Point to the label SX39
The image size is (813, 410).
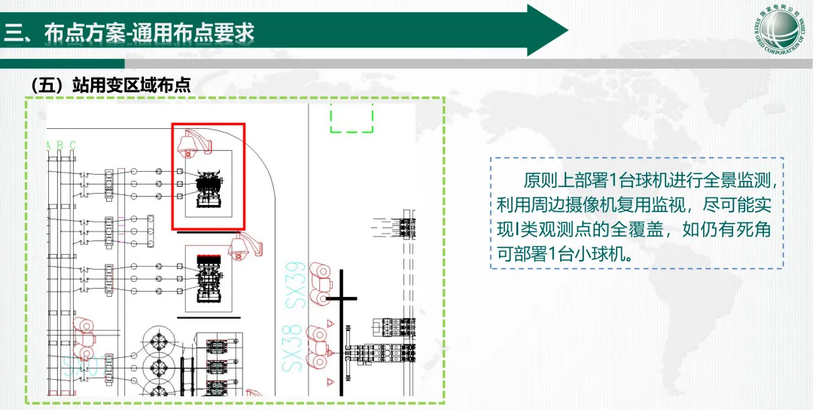[x=295, y=285]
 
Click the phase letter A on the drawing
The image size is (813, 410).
[x=49, y=145]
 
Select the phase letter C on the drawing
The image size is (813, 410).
[x=72, y=145]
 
